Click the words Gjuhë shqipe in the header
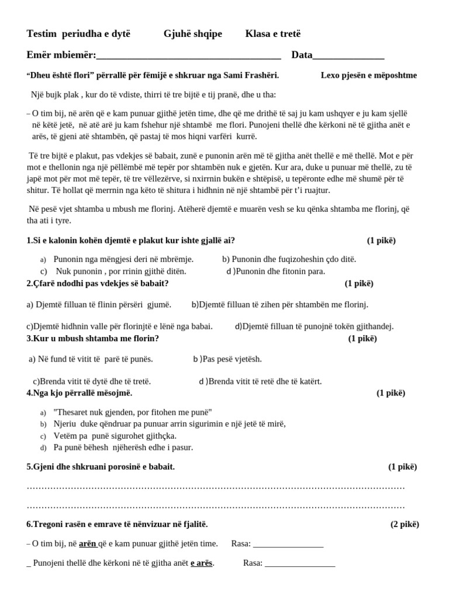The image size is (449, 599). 193,34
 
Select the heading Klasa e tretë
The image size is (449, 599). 273,34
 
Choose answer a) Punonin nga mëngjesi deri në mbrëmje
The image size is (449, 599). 123,259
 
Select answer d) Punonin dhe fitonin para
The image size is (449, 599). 275,271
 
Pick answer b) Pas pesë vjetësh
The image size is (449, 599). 227,359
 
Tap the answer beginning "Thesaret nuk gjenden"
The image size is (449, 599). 133,412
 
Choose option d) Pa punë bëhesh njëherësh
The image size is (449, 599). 123,447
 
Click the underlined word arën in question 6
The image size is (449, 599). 88,544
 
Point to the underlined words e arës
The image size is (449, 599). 202,563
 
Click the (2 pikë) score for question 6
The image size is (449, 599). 405,524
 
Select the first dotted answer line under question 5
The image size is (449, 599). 216,487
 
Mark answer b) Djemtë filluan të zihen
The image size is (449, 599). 280,305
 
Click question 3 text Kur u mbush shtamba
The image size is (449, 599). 93,339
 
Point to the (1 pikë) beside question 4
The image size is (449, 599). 391,393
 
